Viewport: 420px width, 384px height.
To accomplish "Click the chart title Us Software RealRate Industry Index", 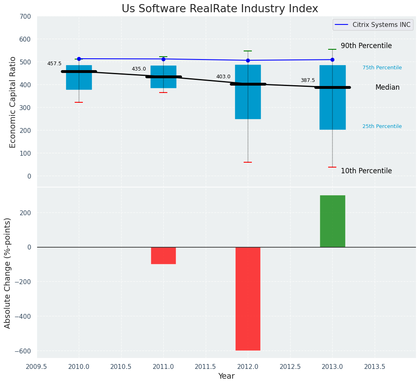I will coord(220,9).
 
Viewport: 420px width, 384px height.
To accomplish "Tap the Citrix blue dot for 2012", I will coord(248,60).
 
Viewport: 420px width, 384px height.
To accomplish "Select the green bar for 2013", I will coord(332,221).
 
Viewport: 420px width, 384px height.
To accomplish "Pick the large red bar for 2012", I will coord(248,298).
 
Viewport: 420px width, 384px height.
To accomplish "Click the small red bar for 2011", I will coord(163,256).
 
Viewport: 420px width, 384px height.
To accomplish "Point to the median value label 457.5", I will coord(54,64).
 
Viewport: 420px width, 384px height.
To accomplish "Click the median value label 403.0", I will coord(223,77).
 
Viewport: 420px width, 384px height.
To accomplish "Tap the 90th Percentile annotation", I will coord(366,46).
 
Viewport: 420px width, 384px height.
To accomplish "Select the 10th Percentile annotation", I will coord(366,171).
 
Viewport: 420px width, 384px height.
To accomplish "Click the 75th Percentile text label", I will coord(382,68).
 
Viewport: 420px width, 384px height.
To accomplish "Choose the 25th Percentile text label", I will coord(382,126).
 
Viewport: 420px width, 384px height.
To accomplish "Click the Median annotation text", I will coord(387,88).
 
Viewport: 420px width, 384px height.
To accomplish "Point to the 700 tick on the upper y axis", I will coord(25,17).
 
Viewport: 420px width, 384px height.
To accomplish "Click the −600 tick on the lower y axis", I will coord(23,351).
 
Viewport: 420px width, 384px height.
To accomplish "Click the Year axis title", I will coord(226,376).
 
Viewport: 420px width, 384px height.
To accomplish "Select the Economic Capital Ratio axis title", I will coord(13,102).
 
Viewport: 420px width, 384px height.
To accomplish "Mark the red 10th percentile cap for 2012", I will coord(248,162).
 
